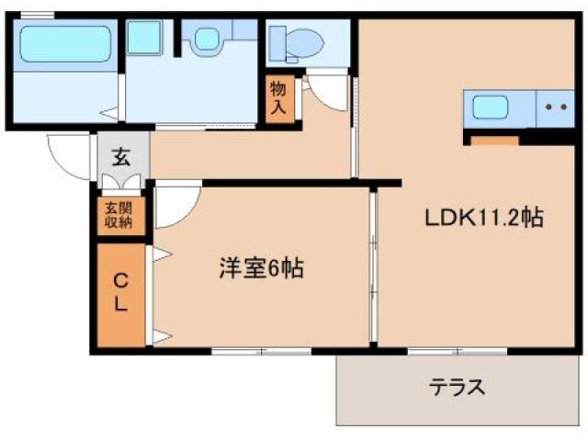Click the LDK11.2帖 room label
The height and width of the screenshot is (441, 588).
[483, 220]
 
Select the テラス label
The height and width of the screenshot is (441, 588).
[457, 387]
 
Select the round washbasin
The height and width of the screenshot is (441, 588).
[204, 40]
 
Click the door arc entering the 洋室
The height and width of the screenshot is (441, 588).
[175, 208]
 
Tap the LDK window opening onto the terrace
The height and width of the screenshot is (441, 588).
[457, 350]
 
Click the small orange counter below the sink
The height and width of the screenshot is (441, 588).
[494, 141]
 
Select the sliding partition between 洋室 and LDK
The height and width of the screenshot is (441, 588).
[373, 266]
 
